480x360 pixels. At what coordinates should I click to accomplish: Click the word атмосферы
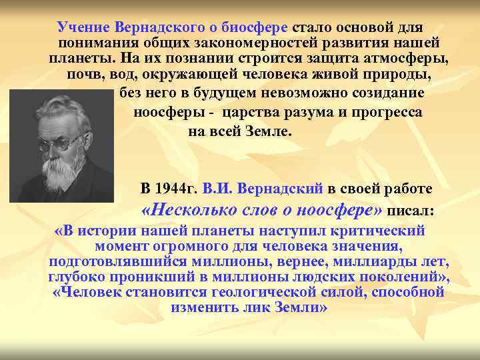click(x=406, y=57)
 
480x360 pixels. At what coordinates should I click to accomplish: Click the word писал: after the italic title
click(x=411, y=211)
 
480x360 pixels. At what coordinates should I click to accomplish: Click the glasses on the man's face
click(x=64, y=141)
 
